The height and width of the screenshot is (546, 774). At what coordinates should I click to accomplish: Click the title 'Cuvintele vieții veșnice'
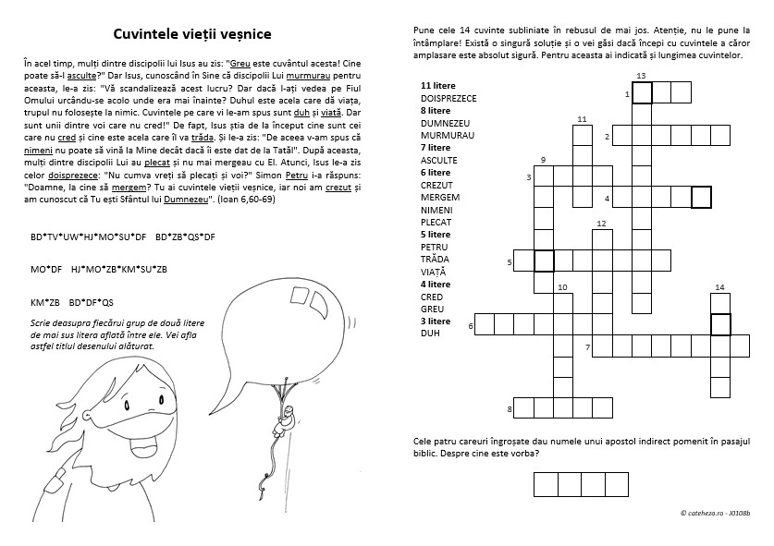pyautogui.click(x=192, y=34)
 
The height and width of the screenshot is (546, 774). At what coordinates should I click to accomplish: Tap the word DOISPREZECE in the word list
pyautogui.click(x=448, y=96)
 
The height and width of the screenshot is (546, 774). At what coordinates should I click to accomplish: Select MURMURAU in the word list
pyautogui.click(x=447, y=135)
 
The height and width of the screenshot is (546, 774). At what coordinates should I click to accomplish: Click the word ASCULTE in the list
pyautogui.click(x=438, y=160)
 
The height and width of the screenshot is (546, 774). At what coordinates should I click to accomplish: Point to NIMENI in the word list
pyautogui.click(x=436, y=210)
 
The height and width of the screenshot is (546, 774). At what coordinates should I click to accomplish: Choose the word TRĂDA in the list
pyautogui.click(x=434, y=260)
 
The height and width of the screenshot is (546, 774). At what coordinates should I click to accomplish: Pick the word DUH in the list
pyautogui.click(x=429, y=334)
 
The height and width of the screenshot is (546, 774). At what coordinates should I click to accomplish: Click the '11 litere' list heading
pyautogui.click(x=438, y=84)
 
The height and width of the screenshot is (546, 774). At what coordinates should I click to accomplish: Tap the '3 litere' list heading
pyautogui.click(x=435, y=321)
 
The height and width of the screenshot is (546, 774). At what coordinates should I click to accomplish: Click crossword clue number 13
pyautogui.click(x=641, y=75)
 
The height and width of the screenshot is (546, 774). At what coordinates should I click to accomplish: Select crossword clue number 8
pyautogui.click(x=510, y=407)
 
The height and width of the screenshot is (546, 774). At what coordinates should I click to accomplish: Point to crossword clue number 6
pyautogui.click(x=472, y=325)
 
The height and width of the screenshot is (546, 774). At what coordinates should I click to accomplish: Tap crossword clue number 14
pyautogui.click(x=719, y=287)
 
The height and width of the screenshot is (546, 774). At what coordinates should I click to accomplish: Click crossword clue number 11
pyautogui.click(x=582, y=119)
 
